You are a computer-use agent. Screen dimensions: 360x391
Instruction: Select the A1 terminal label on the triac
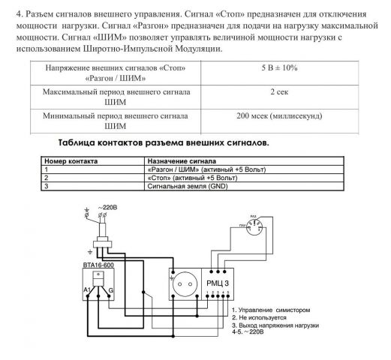(86, 288)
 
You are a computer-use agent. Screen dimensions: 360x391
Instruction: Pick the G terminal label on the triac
(112, 288)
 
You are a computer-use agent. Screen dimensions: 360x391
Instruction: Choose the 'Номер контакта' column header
(68, 161)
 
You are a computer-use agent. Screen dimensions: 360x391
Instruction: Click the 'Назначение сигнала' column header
(182, 161)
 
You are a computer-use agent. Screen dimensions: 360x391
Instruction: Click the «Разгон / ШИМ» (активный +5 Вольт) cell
(203, 169)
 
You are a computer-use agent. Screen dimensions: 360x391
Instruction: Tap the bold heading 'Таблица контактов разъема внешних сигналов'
(163, 142)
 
